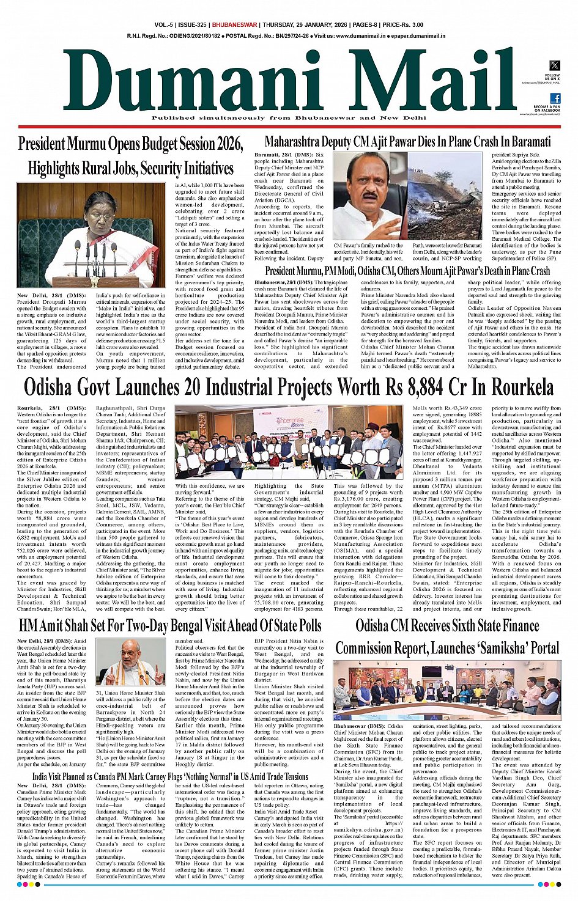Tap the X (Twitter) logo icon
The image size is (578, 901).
coord(555,65)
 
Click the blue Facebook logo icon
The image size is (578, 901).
coord(555,98)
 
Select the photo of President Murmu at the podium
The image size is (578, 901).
coord(91,235)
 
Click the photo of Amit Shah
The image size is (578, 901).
coord(131,663)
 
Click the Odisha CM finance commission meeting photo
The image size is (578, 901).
coord(447,690)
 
